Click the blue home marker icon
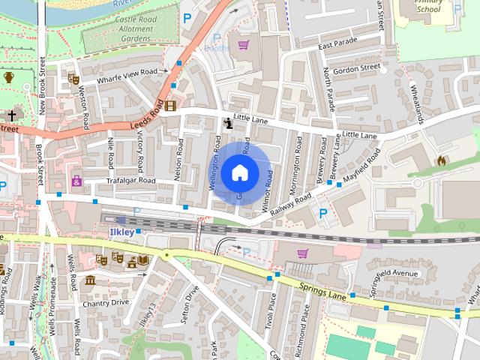[239, 172]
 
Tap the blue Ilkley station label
[122, 232]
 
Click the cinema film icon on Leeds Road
[171, 106]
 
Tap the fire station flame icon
[441, 160]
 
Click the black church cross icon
[12, 115]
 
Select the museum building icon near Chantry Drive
[90, 280]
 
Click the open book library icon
[142, 259]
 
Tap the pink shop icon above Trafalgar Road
[76, 181]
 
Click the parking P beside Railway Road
[323, 214]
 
